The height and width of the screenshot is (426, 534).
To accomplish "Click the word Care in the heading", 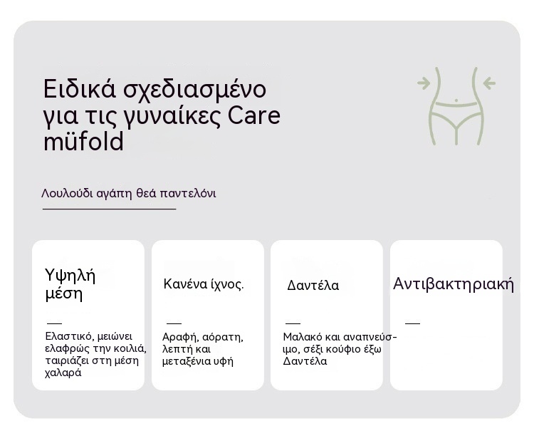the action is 253,115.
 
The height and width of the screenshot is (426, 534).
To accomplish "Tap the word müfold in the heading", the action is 83,142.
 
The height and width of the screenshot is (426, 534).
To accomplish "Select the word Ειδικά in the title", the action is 80,88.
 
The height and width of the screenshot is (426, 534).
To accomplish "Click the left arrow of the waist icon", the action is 424,83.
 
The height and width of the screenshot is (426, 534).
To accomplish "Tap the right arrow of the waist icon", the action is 489,83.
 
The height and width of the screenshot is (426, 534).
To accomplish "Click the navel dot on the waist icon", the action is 456,100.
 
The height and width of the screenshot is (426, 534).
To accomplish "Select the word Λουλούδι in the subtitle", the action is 67,193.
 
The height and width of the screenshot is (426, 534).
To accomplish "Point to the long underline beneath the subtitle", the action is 110,209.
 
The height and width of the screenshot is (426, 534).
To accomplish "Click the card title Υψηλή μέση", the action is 70,284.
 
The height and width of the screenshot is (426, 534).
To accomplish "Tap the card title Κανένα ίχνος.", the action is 204,284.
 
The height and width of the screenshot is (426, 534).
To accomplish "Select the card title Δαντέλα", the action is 313,285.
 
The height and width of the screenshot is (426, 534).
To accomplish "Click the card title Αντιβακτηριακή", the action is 454,284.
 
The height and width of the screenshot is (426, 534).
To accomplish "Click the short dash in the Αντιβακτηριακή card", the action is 412,323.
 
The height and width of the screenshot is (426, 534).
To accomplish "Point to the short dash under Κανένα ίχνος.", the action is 174,323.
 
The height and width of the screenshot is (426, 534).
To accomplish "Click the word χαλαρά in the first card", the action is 63,373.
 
